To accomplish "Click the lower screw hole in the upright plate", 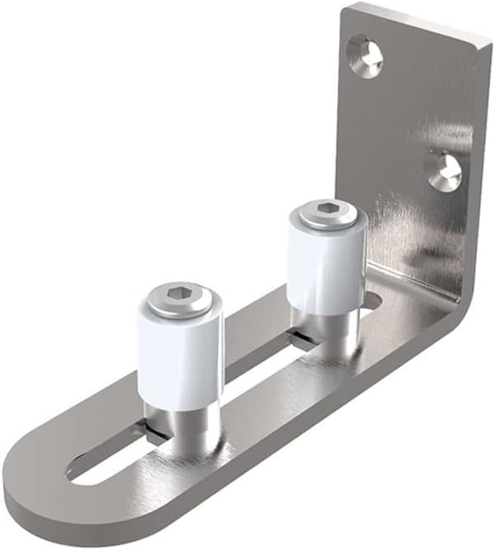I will click(446, 172).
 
